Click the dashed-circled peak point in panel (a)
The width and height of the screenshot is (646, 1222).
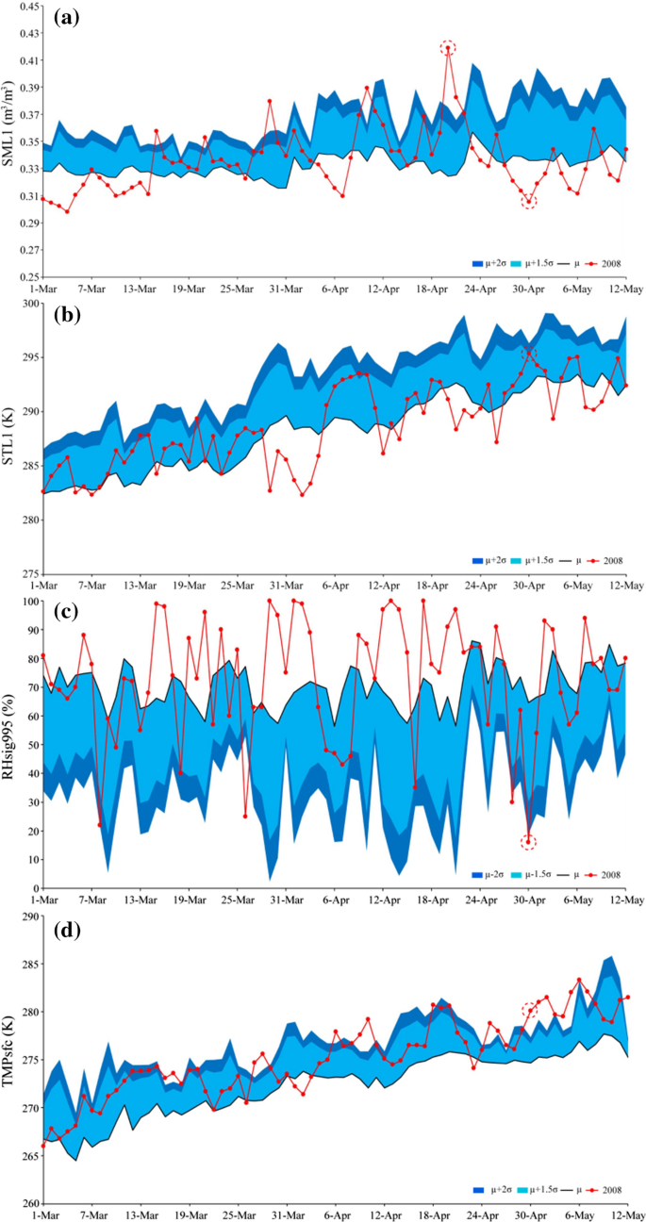tap(448, 47)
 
